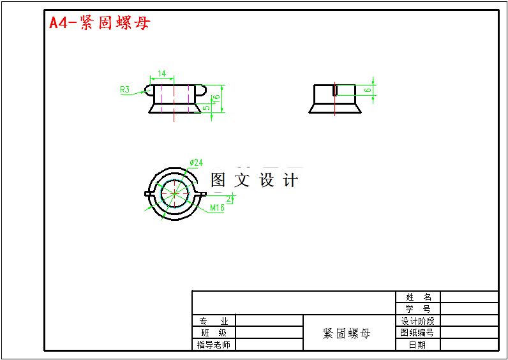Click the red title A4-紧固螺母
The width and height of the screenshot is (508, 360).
pyautogui.click(x=100, y=23)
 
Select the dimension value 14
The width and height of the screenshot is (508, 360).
pyautogui.click(x=161, y=74)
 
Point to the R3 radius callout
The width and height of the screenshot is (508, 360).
pyautogui.click(x=125, y=90)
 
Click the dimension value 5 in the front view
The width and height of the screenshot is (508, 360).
pyautogui.click(x=206, y=108)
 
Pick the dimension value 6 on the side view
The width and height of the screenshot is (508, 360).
pyautogui.click(x=367, y=90)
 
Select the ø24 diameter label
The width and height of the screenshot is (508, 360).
pyautogui.click(x=197, y=162)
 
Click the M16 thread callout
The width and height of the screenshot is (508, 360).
pyautogui.click(x=217, y=208)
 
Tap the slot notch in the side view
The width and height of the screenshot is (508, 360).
pyautogui.click(x=334, y=90)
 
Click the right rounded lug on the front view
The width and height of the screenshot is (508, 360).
pyautogui.click(x=200, y=91)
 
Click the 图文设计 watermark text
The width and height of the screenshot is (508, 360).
pyautogui.click(x=254, y=180)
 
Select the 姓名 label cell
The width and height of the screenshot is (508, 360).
pyautogui.click(x=418, y=297)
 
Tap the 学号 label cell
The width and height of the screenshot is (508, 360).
pyautogui.click(x=418, y=309)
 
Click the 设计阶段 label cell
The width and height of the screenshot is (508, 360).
pyautogui.click(x=418, y=321)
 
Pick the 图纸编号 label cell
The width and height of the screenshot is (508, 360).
pyautogui.click(x=418, y=333)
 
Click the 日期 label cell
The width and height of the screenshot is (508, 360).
pyautogui.click(x=418, y=345)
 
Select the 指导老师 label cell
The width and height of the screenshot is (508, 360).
pyautogui.click(x=214, y=345)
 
